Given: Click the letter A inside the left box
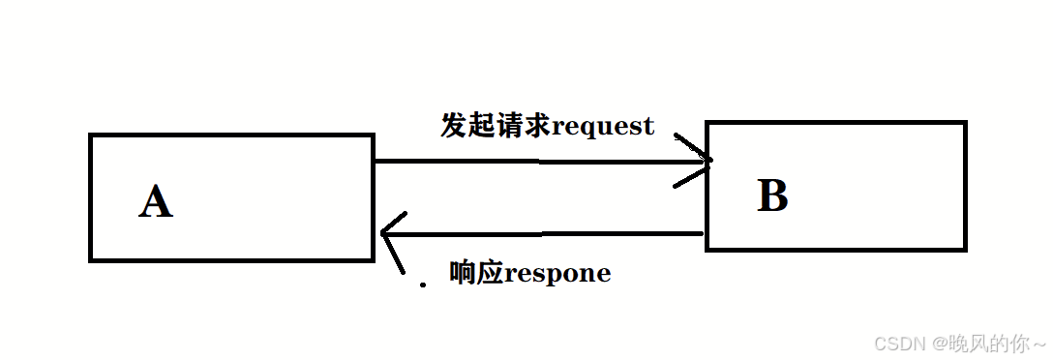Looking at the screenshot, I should [156, 202].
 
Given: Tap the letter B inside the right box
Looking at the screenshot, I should [772, 196].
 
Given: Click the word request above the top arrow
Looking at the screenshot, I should [602, 126].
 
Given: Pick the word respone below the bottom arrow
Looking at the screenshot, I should [557, 274].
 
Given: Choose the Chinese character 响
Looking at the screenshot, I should [463, 273].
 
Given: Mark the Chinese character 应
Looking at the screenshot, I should [490, 273].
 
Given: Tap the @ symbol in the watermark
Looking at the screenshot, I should [941, 344].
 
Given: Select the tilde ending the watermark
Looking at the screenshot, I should [1038, 344].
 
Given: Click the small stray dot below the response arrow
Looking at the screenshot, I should [421, 285].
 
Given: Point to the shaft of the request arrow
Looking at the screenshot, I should [532, 162].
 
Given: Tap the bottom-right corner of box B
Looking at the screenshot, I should [964, 248].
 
